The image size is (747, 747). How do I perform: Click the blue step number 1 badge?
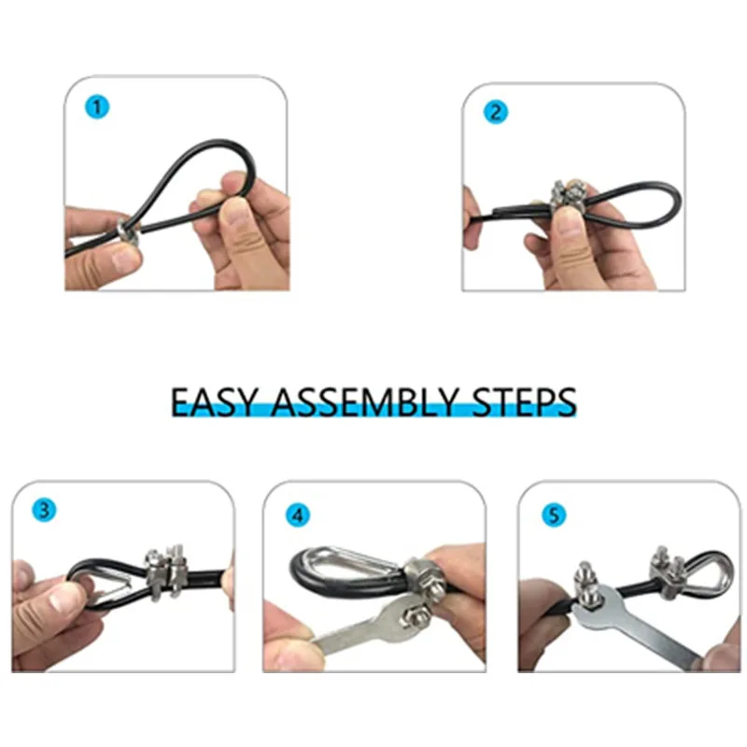(98, 107)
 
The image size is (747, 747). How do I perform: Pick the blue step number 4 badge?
(297, 514)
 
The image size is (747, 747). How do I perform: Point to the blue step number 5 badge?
(552, 514)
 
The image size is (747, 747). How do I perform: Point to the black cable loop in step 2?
(644, 201)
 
